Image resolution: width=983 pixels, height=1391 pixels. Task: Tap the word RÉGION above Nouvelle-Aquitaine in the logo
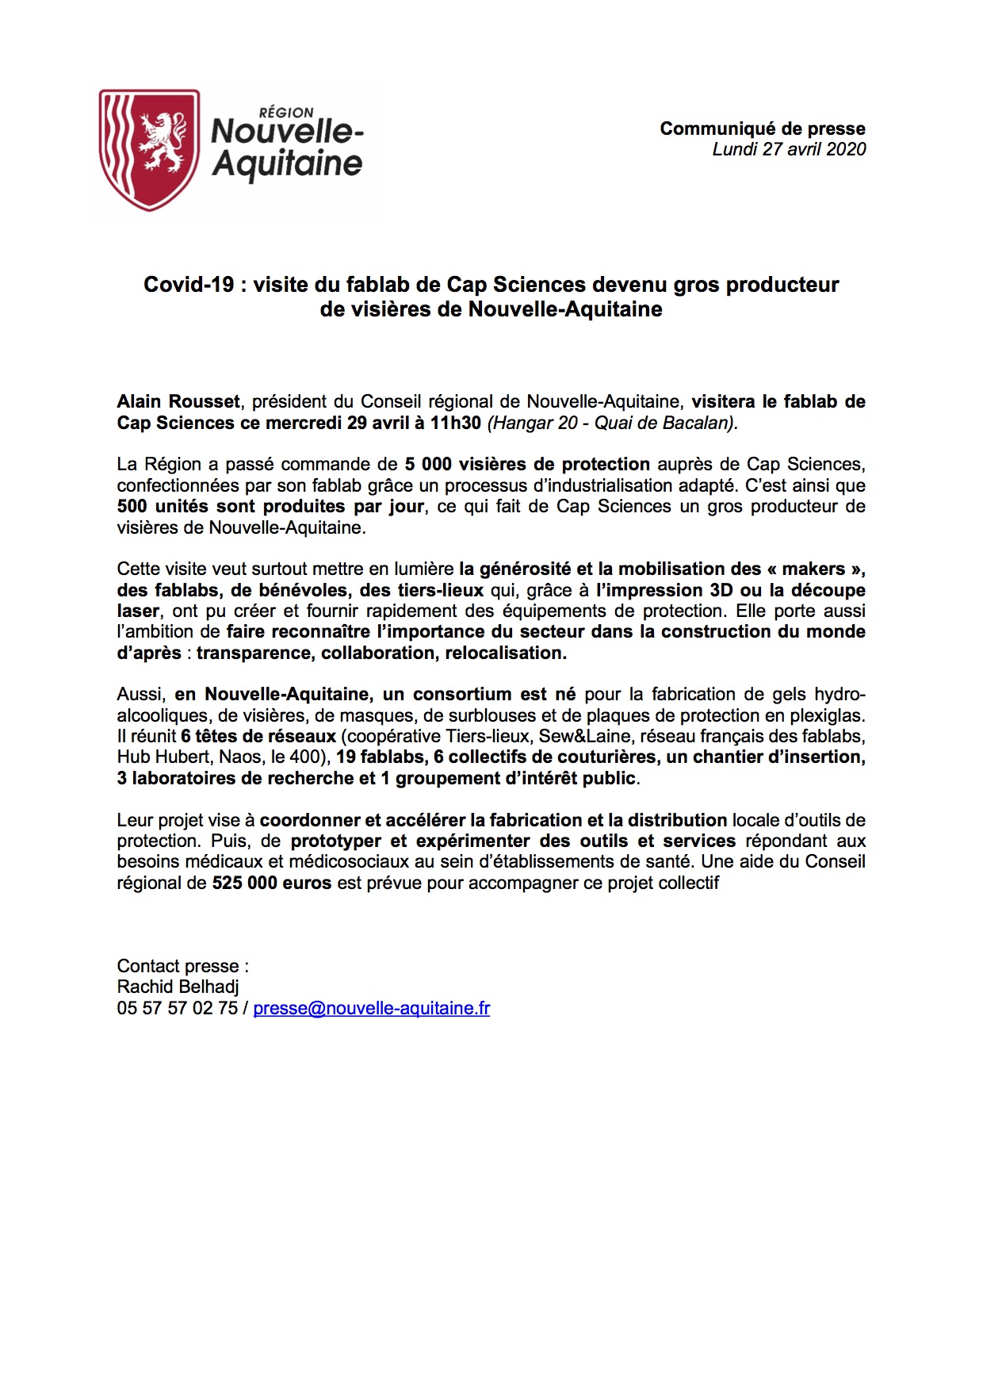coord(286,113)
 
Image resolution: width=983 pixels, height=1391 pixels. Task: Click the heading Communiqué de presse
coord(762,128)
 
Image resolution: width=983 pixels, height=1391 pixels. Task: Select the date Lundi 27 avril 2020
coord(789,149)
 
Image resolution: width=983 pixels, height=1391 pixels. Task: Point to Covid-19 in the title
coord(189,285)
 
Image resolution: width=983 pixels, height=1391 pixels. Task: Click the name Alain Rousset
coord(178,402)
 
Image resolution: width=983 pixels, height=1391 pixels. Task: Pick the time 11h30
coord(455,423)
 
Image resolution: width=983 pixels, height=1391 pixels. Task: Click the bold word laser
coord(138,611)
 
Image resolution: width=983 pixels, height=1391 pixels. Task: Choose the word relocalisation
coord(505,653)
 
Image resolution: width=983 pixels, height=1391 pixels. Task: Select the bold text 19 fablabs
coord(380,757)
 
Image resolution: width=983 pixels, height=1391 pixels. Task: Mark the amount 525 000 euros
coord(271,883)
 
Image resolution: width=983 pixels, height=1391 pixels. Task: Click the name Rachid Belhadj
coord(178,987)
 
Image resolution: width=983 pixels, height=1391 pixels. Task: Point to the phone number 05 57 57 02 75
coord(177,1008)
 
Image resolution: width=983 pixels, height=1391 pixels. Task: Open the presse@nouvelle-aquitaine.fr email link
coord(371,1008)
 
